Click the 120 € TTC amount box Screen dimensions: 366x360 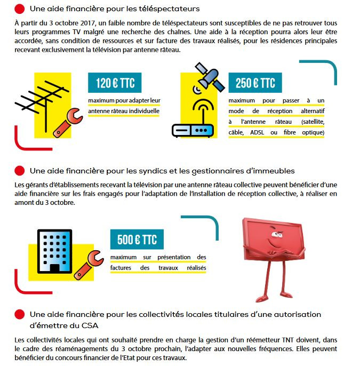click(x=115, y=83)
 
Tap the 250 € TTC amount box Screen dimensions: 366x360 click(x=255, y=83)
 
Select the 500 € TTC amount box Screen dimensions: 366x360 click(x=137, y=240)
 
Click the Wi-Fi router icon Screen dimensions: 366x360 click(x=193, y=121)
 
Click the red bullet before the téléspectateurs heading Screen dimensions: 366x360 click(x=19, y=9)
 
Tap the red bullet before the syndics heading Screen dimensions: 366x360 click(x=19, y=171)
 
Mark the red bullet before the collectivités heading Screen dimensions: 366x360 click(x=19, y=314)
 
